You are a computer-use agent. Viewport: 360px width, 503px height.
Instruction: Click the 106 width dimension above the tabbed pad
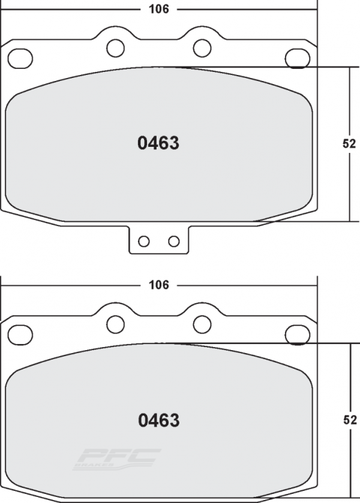(x=158, y=9)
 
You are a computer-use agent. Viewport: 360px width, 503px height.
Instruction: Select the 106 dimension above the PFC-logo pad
(x=158, y=285)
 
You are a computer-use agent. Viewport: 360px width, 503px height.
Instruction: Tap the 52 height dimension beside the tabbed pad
(x=350, y=144)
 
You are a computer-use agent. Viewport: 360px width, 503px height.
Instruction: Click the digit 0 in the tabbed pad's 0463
(x=143, y=144)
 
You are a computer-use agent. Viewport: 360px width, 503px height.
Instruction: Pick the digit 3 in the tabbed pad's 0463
(x=174, y=144)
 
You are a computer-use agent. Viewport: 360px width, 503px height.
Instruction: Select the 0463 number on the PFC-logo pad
(x=158, y=420)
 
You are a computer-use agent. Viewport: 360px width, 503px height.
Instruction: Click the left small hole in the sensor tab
(x=143, y=241)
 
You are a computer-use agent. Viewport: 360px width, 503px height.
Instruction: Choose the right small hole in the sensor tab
(x=174, y=241)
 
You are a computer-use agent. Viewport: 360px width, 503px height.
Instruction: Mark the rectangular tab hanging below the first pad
(x=158, y=240)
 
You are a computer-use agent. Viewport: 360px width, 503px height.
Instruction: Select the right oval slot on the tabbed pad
(x=296, y=58)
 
